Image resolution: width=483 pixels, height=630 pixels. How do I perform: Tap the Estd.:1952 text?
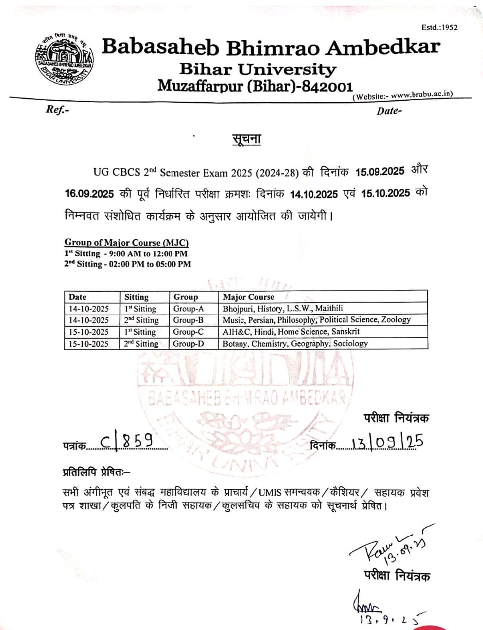coord(440,27)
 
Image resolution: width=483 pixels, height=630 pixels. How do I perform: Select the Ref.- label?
coord(57,110)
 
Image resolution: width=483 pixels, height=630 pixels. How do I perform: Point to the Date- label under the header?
coord(389,111)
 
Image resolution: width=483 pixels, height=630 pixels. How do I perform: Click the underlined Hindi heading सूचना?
coord(246,139)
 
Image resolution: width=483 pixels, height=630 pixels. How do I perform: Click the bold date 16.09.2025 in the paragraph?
coord(90,194)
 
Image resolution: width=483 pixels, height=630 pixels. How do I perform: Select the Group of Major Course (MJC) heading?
coord(127,242)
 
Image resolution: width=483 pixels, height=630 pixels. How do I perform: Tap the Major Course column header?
coord(248,297)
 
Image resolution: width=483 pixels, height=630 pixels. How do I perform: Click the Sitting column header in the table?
coord(137,297)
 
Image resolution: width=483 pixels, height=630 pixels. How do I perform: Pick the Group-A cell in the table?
coord(188,309)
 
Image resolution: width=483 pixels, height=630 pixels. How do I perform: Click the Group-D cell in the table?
coord(188,344)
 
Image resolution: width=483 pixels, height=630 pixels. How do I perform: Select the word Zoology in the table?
coord(396,320)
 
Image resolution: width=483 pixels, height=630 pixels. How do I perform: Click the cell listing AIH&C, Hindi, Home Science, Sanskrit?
coord(291,332)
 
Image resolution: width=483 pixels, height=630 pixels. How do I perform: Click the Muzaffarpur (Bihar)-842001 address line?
coord(255,86)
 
